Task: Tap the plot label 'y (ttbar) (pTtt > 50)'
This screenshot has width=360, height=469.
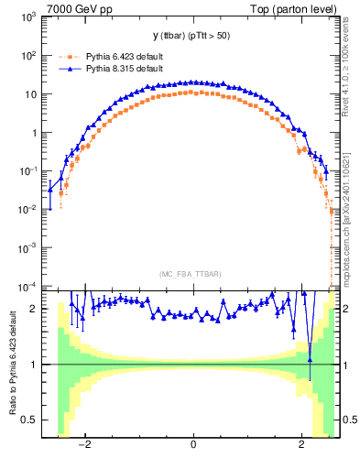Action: pyautogui.click(x=192, y=36)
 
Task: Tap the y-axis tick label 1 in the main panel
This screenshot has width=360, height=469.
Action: pyautogui.click(x=35, y=133)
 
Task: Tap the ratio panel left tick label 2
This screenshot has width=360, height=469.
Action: pyautogui.click(x=35, y=309)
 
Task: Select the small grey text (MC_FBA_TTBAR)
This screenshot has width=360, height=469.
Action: pyautogui.click(x=192, y=275)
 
